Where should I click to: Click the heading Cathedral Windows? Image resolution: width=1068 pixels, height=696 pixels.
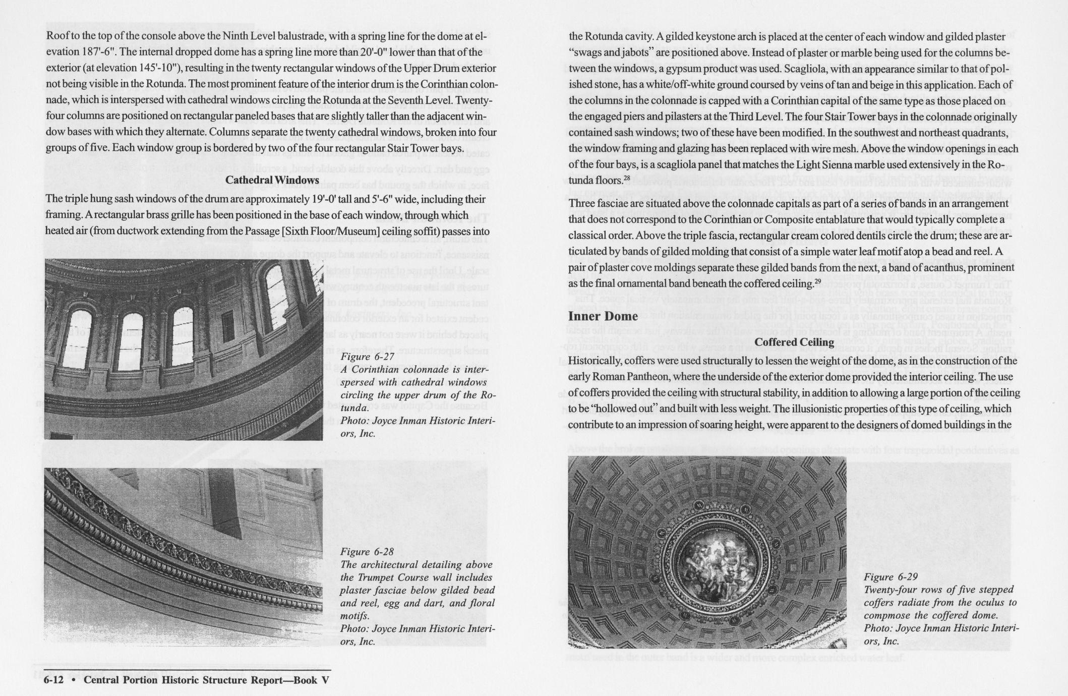click(x=272, y=180)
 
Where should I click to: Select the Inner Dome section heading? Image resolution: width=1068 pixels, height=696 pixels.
click(x=603, y=316)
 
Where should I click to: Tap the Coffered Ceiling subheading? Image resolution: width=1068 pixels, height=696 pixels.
click(x=794, y=342)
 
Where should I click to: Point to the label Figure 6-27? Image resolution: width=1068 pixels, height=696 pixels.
click(x=367, y=357)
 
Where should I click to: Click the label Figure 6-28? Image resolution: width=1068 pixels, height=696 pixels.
click(x=367, y=552)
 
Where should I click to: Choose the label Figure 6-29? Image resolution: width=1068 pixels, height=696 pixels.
click(x=891, y=577)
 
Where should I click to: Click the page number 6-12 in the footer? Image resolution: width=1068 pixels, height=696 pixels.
click(x=53, y=680)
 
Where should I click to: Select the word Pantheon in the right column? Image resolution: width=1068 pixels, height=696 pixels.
click(x=664, y=377)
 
